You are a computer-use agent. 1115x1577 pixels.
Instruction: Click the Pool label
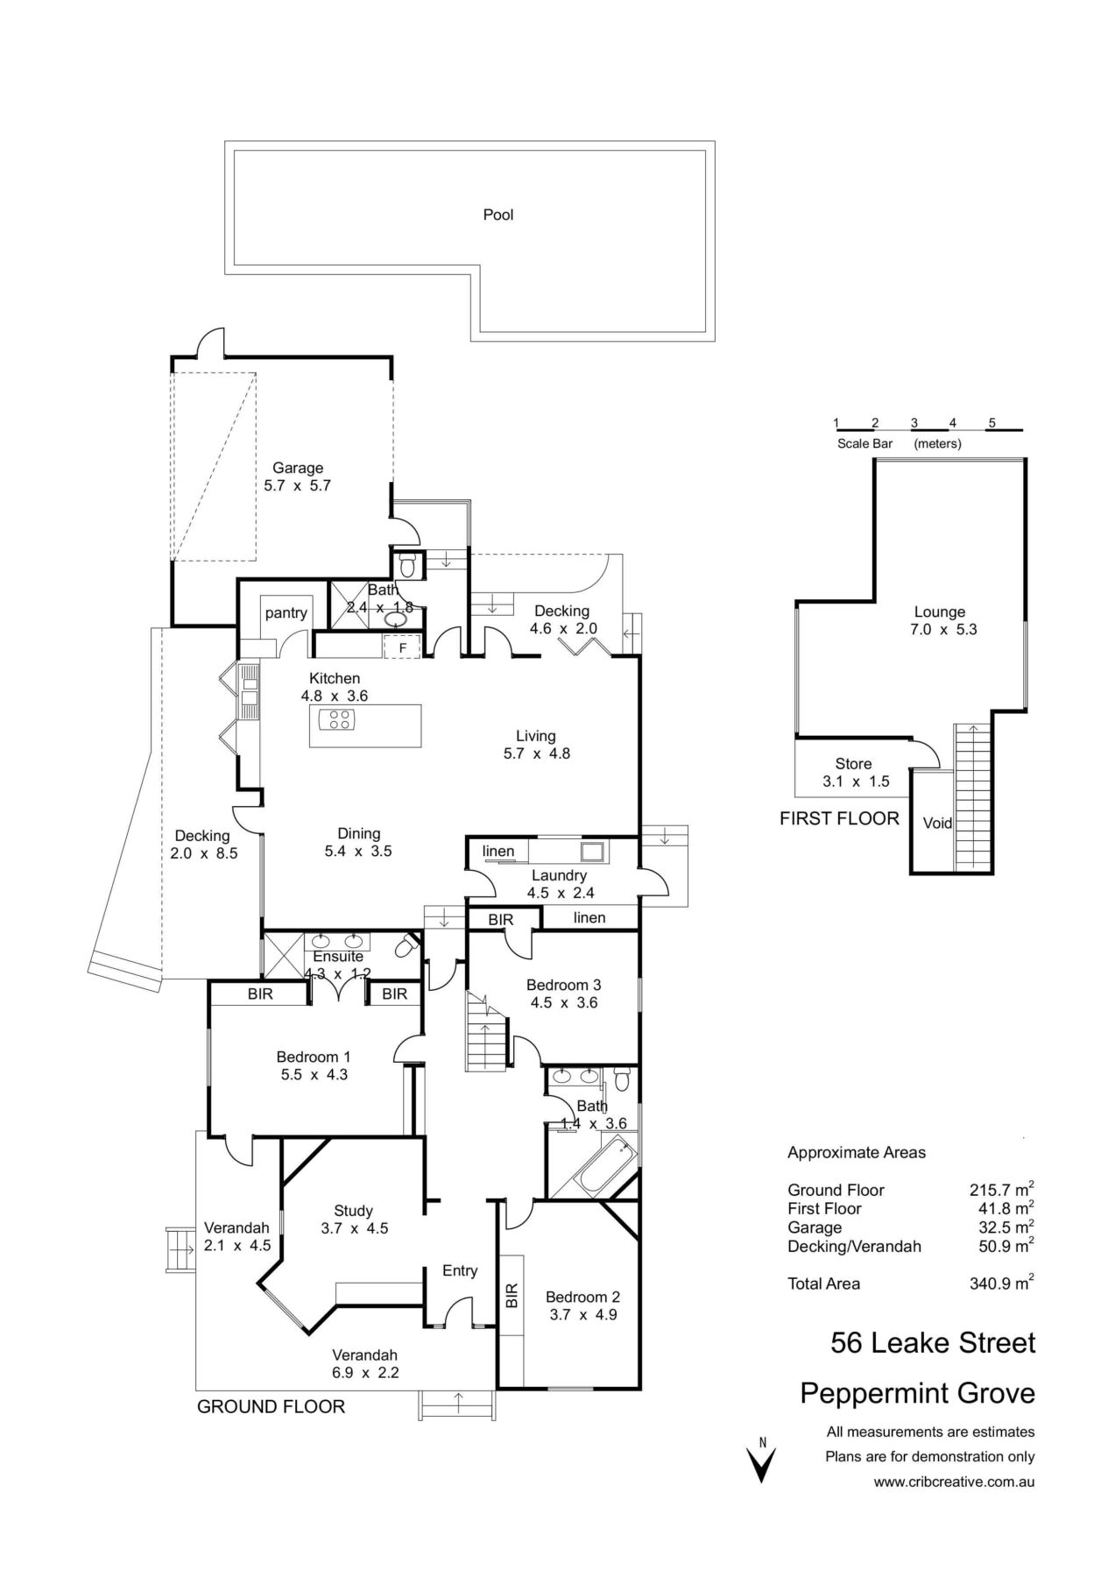(498, 215)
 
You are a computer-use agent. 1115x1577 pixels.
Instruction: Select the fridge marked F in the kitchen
(403, 647)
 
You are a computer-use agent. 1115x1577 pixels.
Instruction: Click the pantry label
(286, 613)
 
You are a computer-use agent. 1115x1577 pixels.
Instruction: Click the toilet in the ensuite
(406, 948)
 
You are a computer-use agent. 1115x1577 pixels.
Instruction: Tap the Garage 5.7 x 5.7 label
(297, 477)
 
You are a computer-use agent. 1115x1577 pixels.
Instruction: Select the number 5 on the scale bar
(992, 422)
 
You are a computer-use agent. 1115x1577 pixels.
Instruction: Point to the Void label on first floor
(937, 824)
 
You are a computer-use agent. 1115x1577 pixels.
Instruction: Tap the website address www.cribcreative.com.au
(954, 1482)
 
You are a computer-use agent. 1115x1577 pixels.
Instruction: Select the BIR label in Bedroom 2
(512, 1296)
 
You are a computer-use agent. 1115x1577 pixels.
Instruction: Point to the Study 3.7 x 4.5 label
(354, 1220)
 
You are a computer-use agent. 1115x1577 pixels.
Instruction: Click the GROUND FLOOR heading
(271, 1407)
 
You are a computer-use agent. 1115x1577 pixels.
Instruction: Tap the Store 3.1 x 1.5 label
(854, 772)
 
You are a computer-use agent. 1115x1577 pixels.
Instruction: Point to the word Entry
(460, 1270)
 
